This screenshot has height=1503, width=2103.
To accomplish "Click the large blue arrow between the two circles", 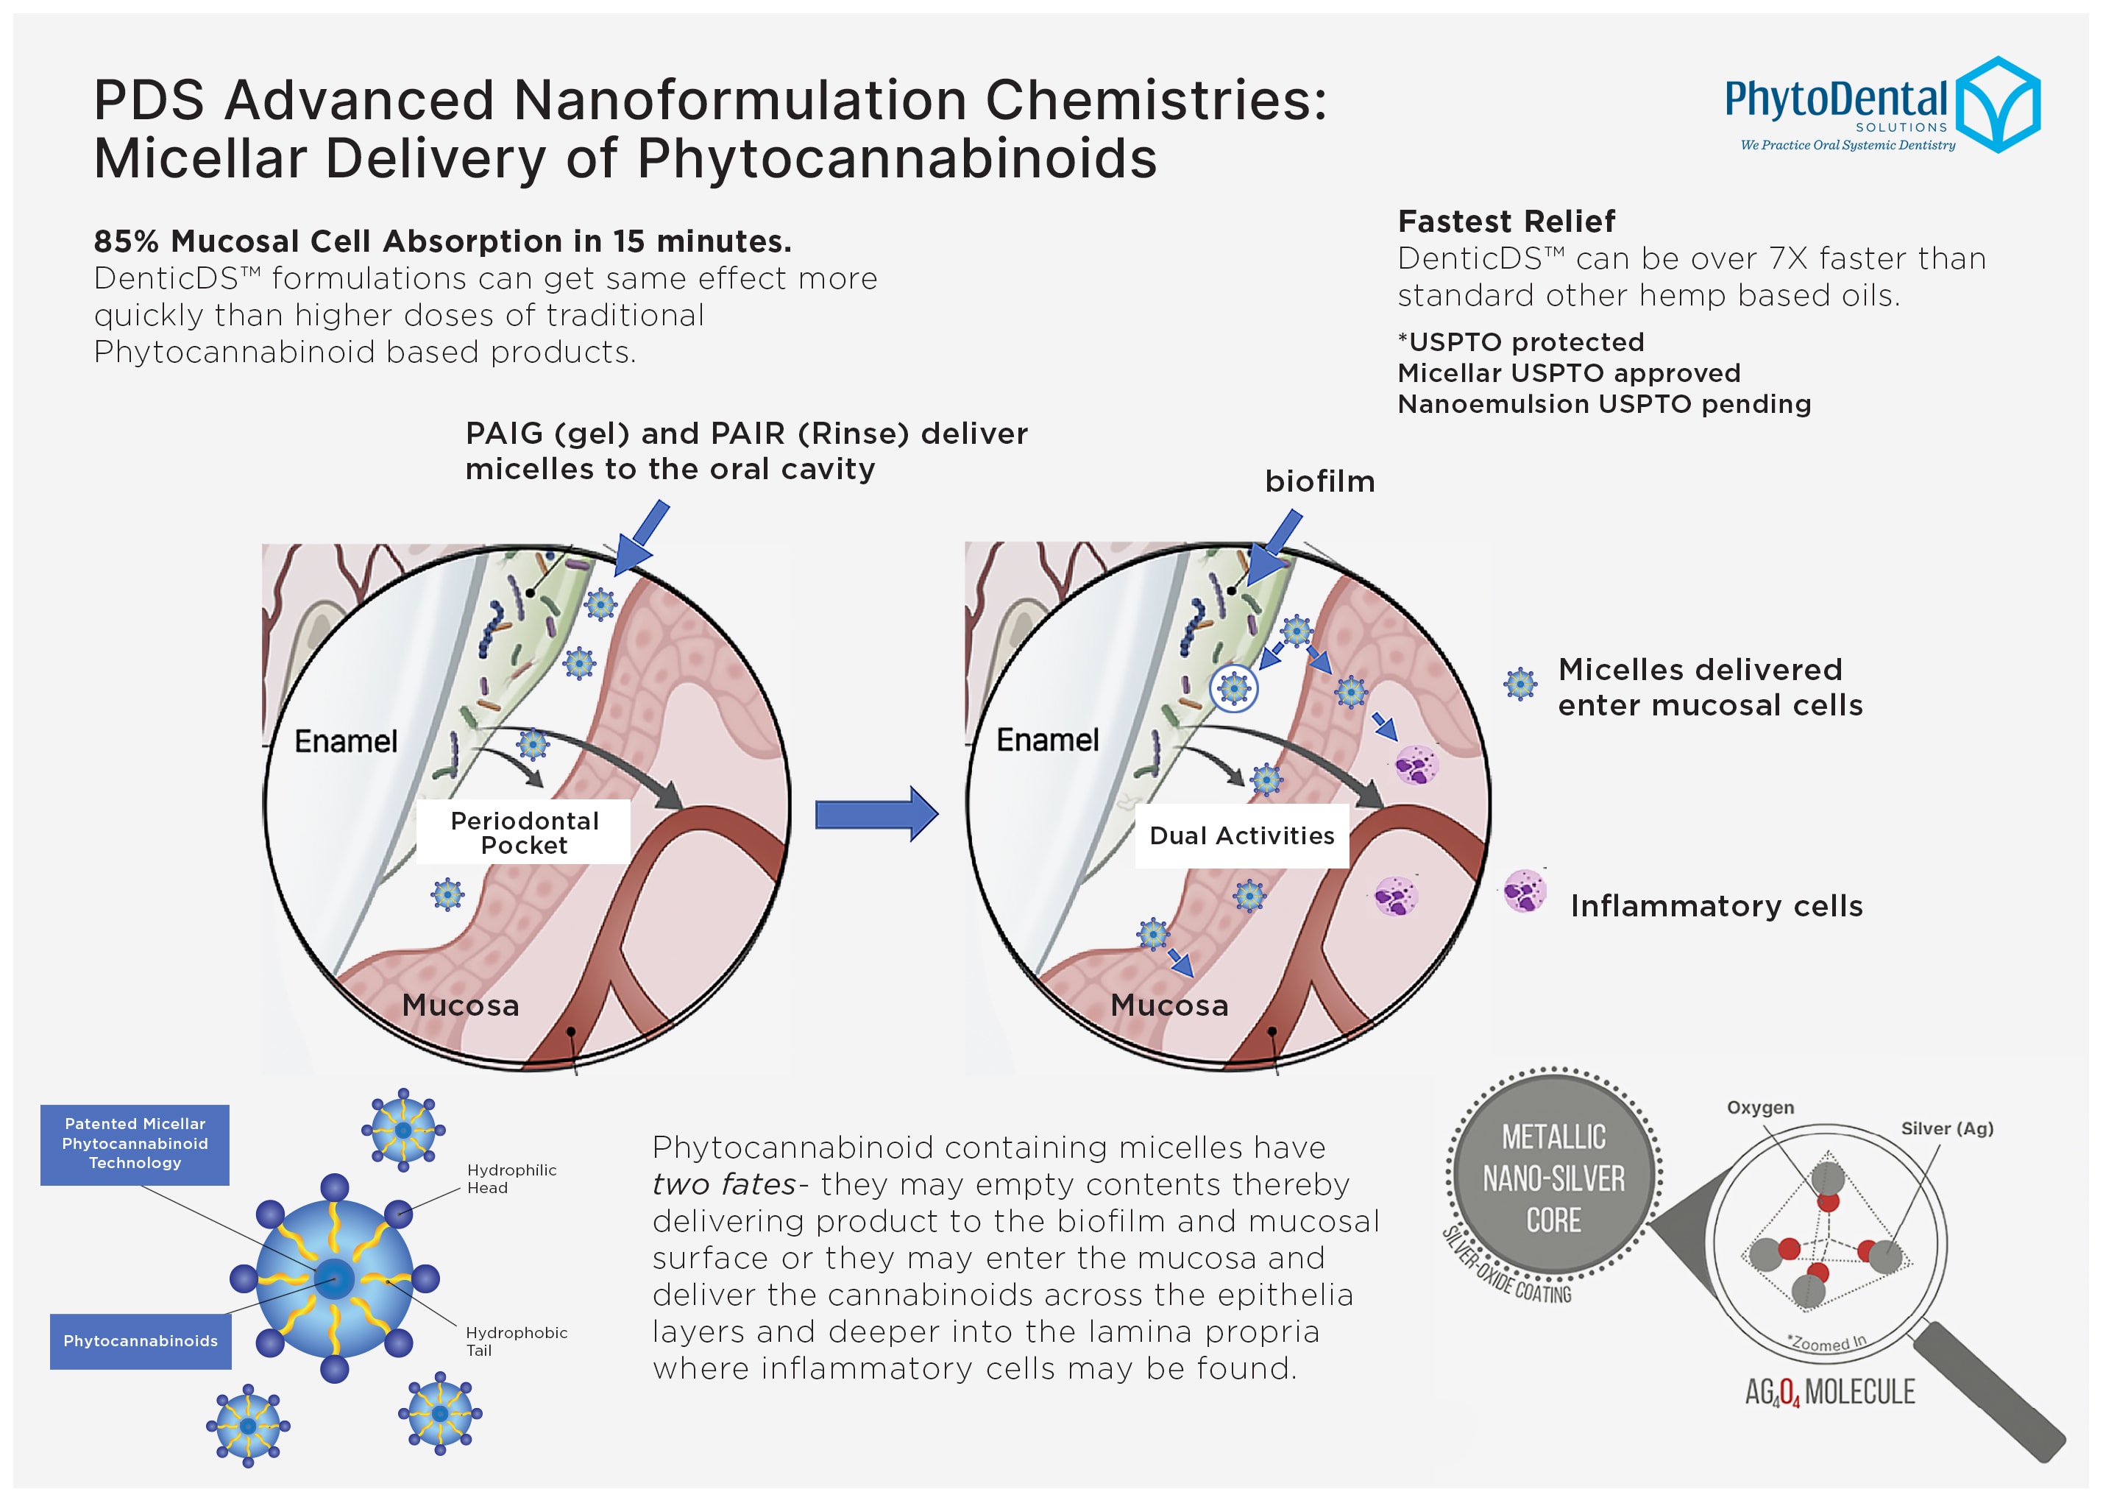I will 875,815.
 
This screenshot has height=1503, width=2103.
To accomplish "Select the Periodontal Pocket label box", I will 524,832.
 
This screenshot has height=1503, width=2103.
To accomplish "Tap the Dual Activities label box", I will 1241,835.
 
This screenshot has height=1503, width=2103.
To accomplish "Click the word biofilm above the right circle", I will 1319,481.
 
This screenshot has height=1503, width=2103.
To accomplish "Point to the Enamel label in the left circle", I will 345,741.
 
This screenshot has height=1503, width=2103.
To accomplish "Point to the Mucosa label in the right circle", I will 1168,1005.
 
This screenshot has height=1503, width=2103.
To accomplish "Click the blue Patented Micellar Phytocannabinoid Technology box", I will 135,1144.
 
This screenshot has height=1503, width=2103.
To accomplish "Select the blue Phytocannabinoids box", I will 141,1341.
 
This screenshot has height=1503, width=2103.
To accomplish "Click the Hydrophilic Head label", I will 511,1178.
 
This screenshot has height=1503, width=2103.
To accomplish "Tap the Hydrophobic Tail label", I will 515,1341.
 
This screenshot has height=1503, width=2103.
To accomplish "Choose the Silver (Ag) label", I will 1946,1128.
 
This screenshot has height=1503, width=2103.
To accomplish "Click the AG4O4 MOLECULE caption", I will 1829,1392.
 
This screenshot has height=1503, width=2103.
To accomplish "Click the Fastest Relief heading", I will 1506,222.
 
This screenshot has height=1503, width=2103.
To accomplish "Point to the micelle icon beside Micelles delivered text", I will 1519,684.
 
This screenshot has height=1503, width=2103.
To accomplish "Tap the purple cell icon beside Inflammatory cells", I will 1524,891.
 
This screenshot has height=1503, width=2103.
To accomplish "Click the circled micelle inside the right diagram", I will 1233,687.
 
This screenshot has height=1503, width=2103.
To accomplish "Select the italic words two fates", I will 723,1184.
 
